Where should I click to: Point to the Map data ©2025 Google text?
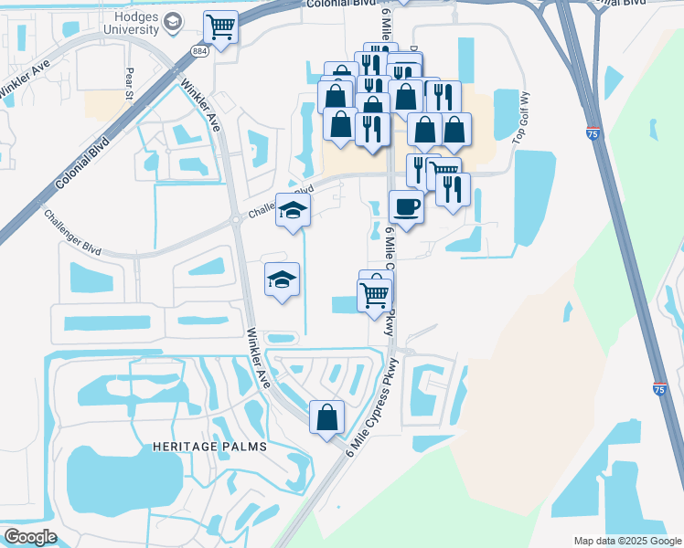pos(626,541)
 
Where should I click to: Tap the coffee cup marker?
pos(406,206)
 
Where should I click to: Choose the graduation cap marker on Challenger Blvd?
pos(293,213)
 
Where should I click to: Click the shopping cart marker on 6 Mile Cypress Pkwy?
pos(373,295)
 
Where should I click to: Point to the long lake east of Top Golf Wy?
pos(535,196)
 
